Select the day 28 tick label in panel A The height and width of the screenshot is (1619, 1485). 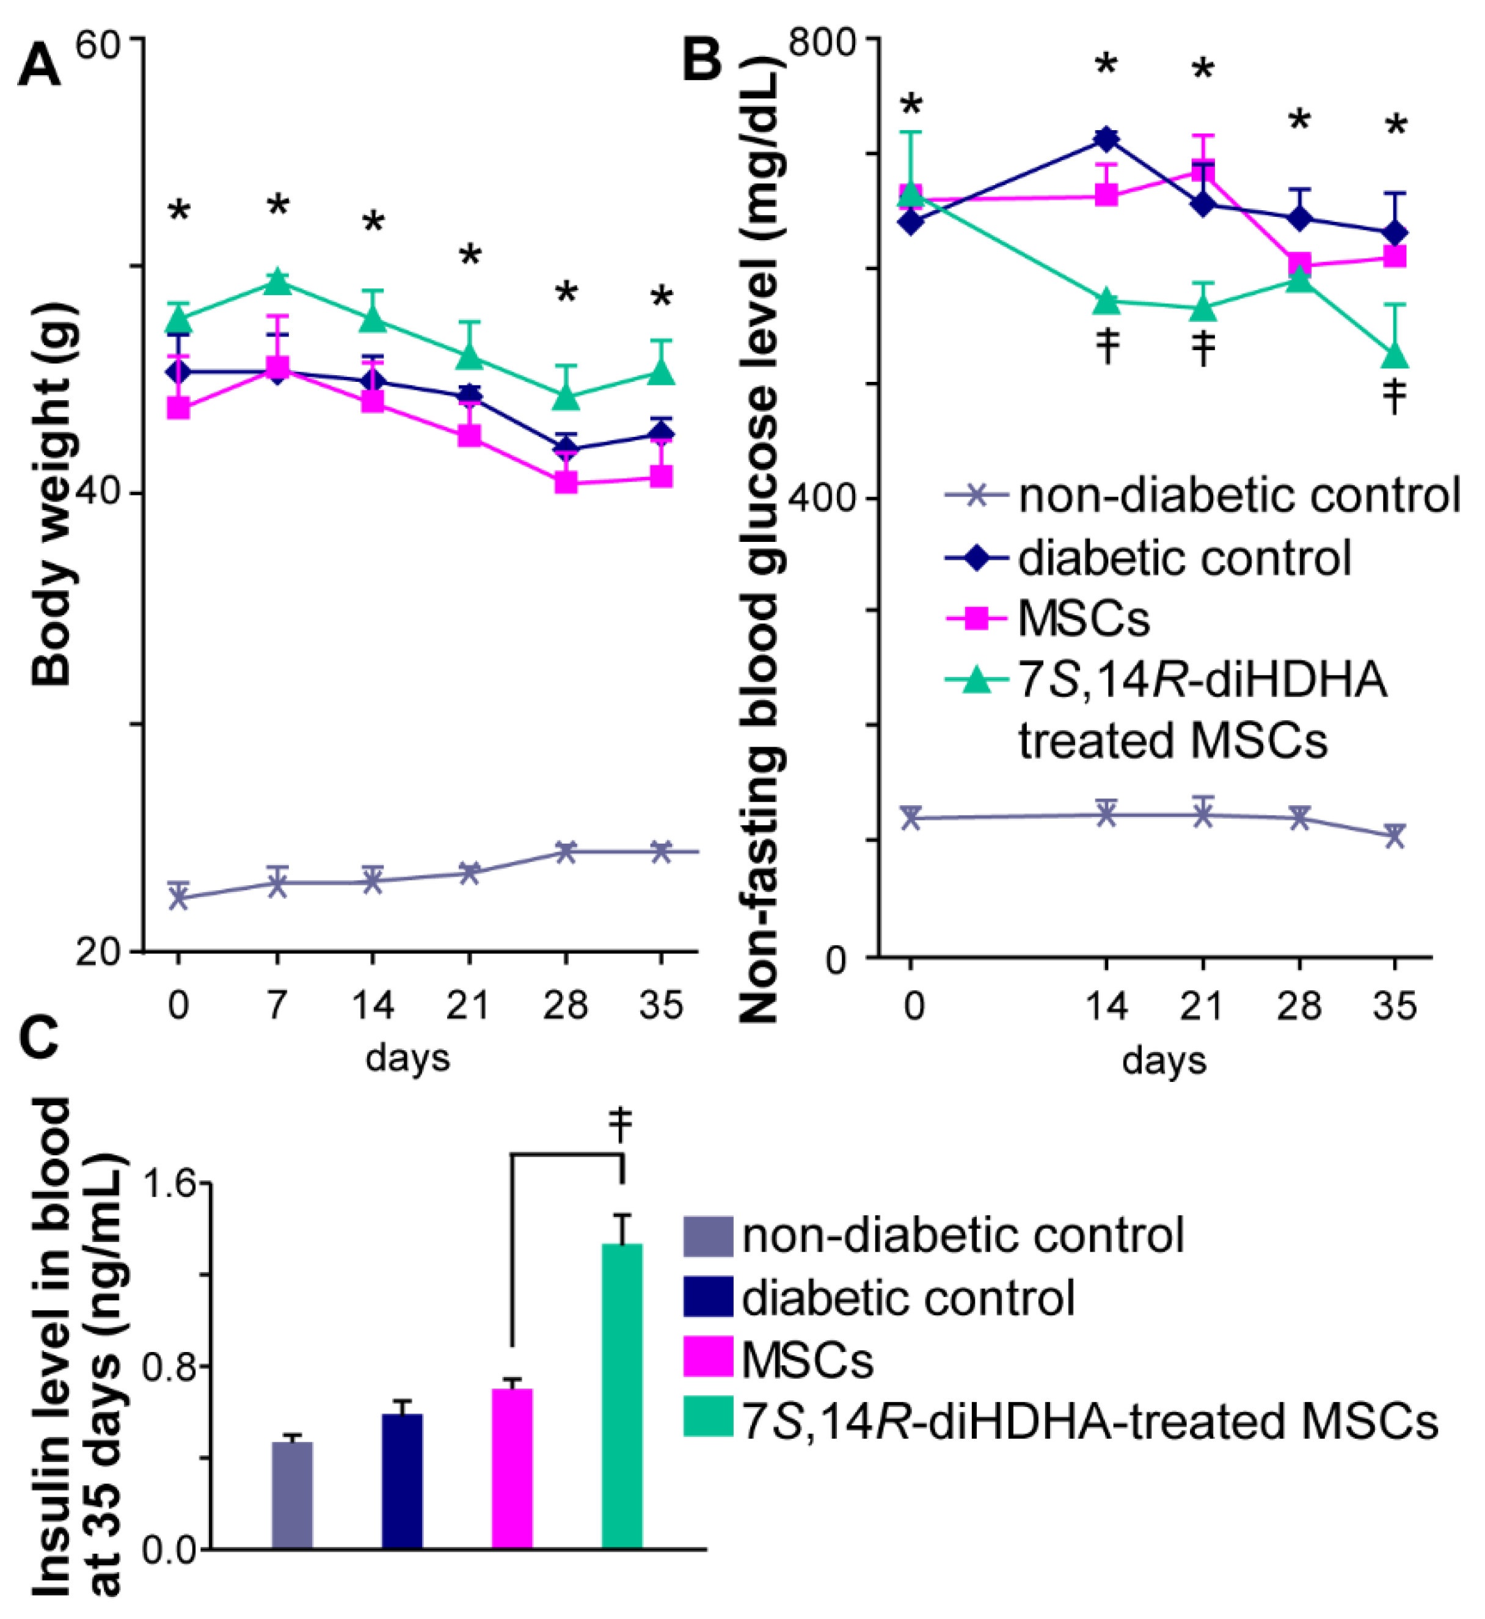click(565, 1005)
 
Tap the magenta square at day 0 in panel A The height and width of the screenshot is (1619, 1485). click(178, 407)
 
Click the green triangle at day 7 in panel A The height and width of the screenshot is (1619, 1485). click(277, 281)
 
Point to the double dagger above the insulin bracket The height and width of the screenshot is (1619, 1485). click(621, 1124)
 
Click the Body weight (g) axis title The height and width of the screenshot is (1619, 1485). click(53, 494)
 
